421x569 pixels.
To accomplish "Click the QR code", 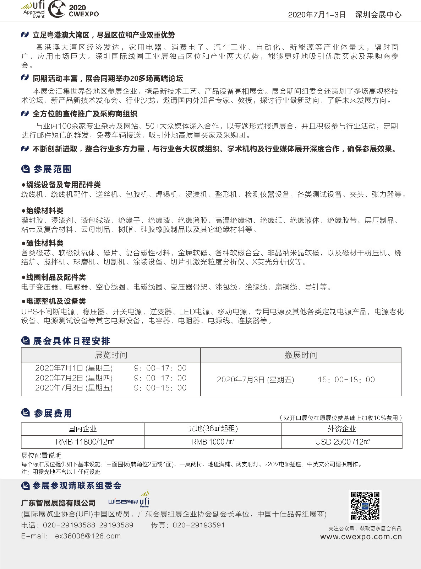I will [x=365, y=506].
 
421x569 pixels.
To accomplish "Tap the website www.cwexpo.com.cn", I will [x=361, y=537].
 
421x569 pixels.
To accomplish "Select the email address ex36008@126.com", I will [x=88, y=536].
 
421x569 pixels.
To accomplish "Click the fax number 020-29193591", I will [x=198, y=525].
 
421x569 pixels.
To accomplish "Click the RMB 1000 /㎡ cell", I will [x=213, y=442].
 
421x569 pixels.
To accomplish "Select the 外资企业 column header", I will [x=342, y=429].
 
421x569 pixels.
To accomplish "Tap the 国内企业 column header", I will [x=83, y=429].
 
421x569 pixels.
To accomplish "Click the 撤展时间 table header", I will [x=301, y=355].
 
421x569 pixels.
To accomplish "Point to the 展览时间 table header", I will [x=111, y=355].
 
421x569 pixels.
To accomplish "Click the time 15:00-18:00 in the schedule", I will [x=346, y=379].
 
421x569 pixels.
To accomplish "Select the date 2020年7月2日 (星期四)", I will [x=74, y=378].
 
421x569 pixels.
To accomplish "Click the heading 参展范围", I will [x=52, y=169].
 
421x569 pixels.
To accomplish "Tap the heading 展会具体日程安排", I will [x=71, y=341].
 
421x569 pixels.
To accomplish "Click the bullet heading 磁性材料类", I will [x=45, y=243].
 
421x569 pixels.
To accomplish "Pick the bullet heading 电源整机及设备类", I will [x=56, y=301].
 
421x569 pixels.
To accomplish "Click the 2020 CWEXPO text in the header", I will [x=84, y=11].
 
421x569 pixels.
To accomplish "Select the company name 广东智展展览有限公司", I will [x=59, y=503].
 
